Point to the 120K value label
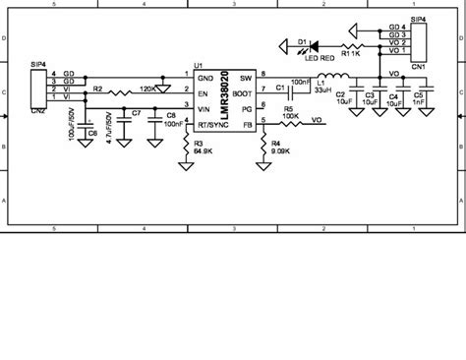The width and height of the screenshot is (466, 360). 150,89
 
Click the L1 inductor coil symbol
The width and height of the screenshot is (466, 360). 322,78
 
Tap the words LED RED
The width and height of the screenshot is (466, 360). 320,57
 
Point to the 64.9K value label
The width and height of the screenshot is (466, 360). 204,151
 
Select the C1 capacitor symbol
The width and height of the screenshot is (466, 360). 292,94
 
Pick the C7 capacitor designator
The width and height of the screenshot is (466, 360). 137,115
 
